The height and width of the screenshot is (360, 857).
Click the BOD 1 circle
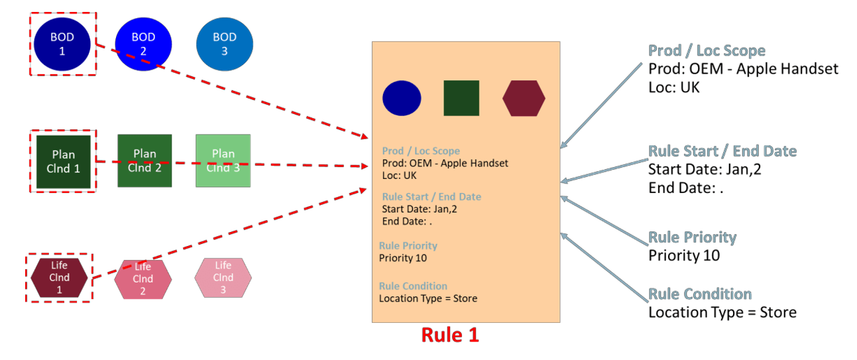pos(62,44)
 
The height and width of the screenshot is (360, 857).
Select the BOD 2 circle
pos(143,44)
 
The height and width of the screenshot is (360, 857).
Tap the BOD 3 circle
pos(224,44)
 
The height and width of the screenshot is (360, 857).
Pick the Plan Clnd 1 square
pos(63,161)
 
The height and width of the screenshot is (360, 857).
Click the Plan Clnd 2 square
pos(144,160)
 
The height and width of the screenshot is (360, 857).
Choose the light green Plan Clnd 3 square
pos(223,160)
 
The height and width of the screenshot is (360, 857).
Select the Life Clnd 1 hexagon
pos(59,277)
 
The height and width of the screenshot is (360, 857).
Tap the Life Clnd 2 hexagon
pos(143,278)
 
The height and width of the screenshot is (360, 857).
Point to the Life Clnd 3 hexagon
pos(223,277)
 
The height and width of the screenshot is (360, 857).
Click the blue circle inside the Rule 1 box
pos(402,98)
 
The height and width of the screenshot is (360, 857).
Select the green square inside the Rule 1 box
pos(461,98)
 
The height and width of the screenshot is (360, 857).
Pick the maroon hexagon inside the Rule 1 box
pos(524,98)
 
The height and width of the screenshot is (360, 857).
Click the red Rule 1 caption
pos(450,335)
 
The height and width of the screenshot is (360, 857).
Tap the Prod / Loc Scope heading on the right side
pos(707,51)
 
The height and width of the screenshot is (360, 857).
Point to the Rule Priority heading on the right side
pos(692,237)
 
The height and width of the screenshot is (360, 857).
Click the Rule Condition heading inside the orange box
pos(413,286)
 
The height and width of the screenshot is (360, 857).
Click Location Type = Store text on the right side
pos(722,312)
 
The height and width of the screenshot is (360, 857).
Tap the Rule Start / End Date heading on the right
pos(722,151)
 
